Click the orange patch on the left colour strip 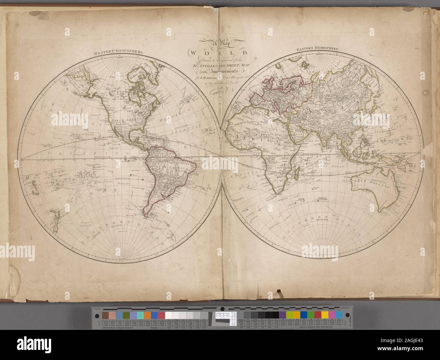pyautogui.click(x=147, y=314)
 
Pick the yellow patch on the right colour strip pyautogui.click(x=289, y=314)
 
